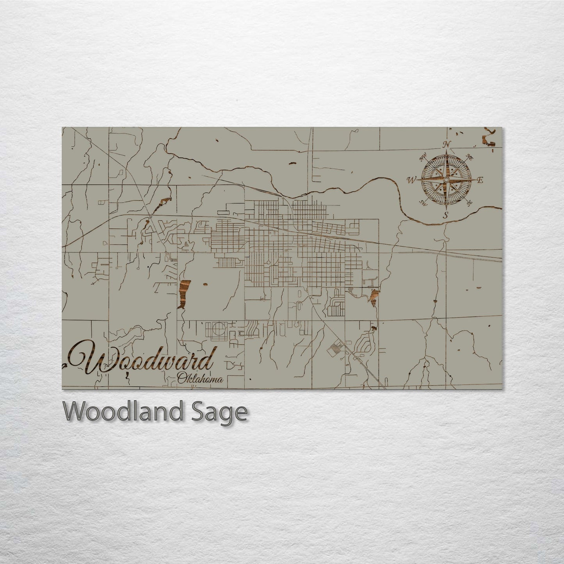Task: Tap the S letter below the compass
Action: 445,215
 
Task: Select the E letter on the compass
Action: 480,180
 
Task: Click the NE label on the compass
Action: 470,158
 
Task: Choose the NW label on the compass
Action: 422,158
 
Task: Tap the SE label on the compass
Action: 470,202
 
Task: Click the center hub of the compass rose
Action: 446,180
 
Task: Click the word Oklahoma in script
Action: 199,378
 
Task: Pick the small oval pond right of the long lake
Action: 205,285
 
